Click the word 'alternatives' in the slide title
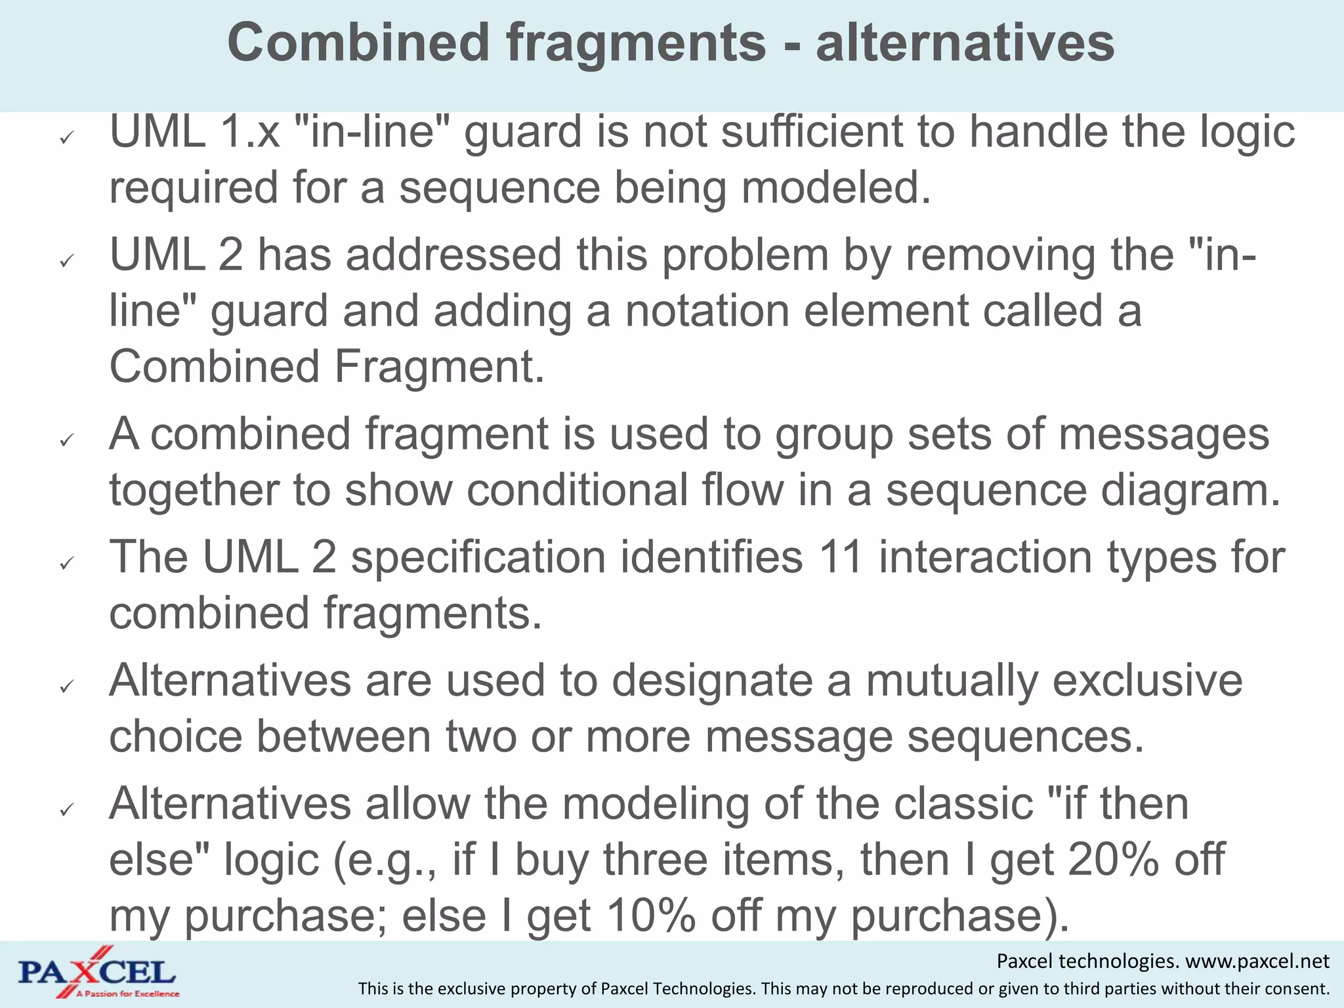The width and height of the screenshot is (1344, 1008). click(x=965, y=43)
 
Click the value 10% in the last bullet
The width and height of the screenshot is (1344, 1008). click(x=651, y=915)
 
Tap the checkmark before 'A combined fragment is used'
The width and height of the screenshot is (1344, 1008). click(x=66, y=440)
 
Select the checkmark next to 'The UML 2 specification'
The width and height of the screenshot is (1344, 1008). click(x=66, y=563)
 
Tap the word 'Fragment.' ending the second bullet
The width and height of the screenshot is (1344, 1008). click(x=440, y=367)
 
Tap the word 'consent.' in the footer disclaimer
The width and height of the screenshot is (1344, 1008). click(x=1299, y=988)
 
